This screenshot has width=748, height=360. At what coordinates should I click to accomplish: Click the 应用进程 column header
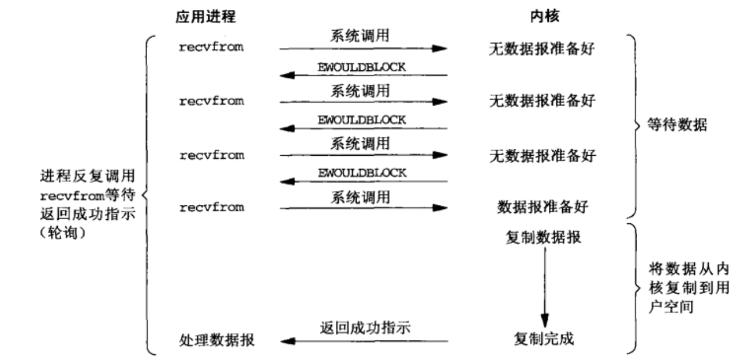[206, 17]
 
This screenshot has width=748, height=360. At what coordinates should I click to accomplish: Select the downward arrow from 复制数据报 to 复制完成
[544, 288]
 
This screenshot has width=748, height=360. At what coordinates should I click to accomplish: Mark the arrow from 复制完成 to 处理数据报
[364, 340]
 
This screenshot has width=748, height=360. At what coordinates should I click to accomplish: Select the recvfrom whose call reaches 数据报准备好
[211, 207]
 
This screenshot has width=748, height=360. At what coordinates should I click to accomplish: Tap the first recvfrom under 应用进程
[211, 47]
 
